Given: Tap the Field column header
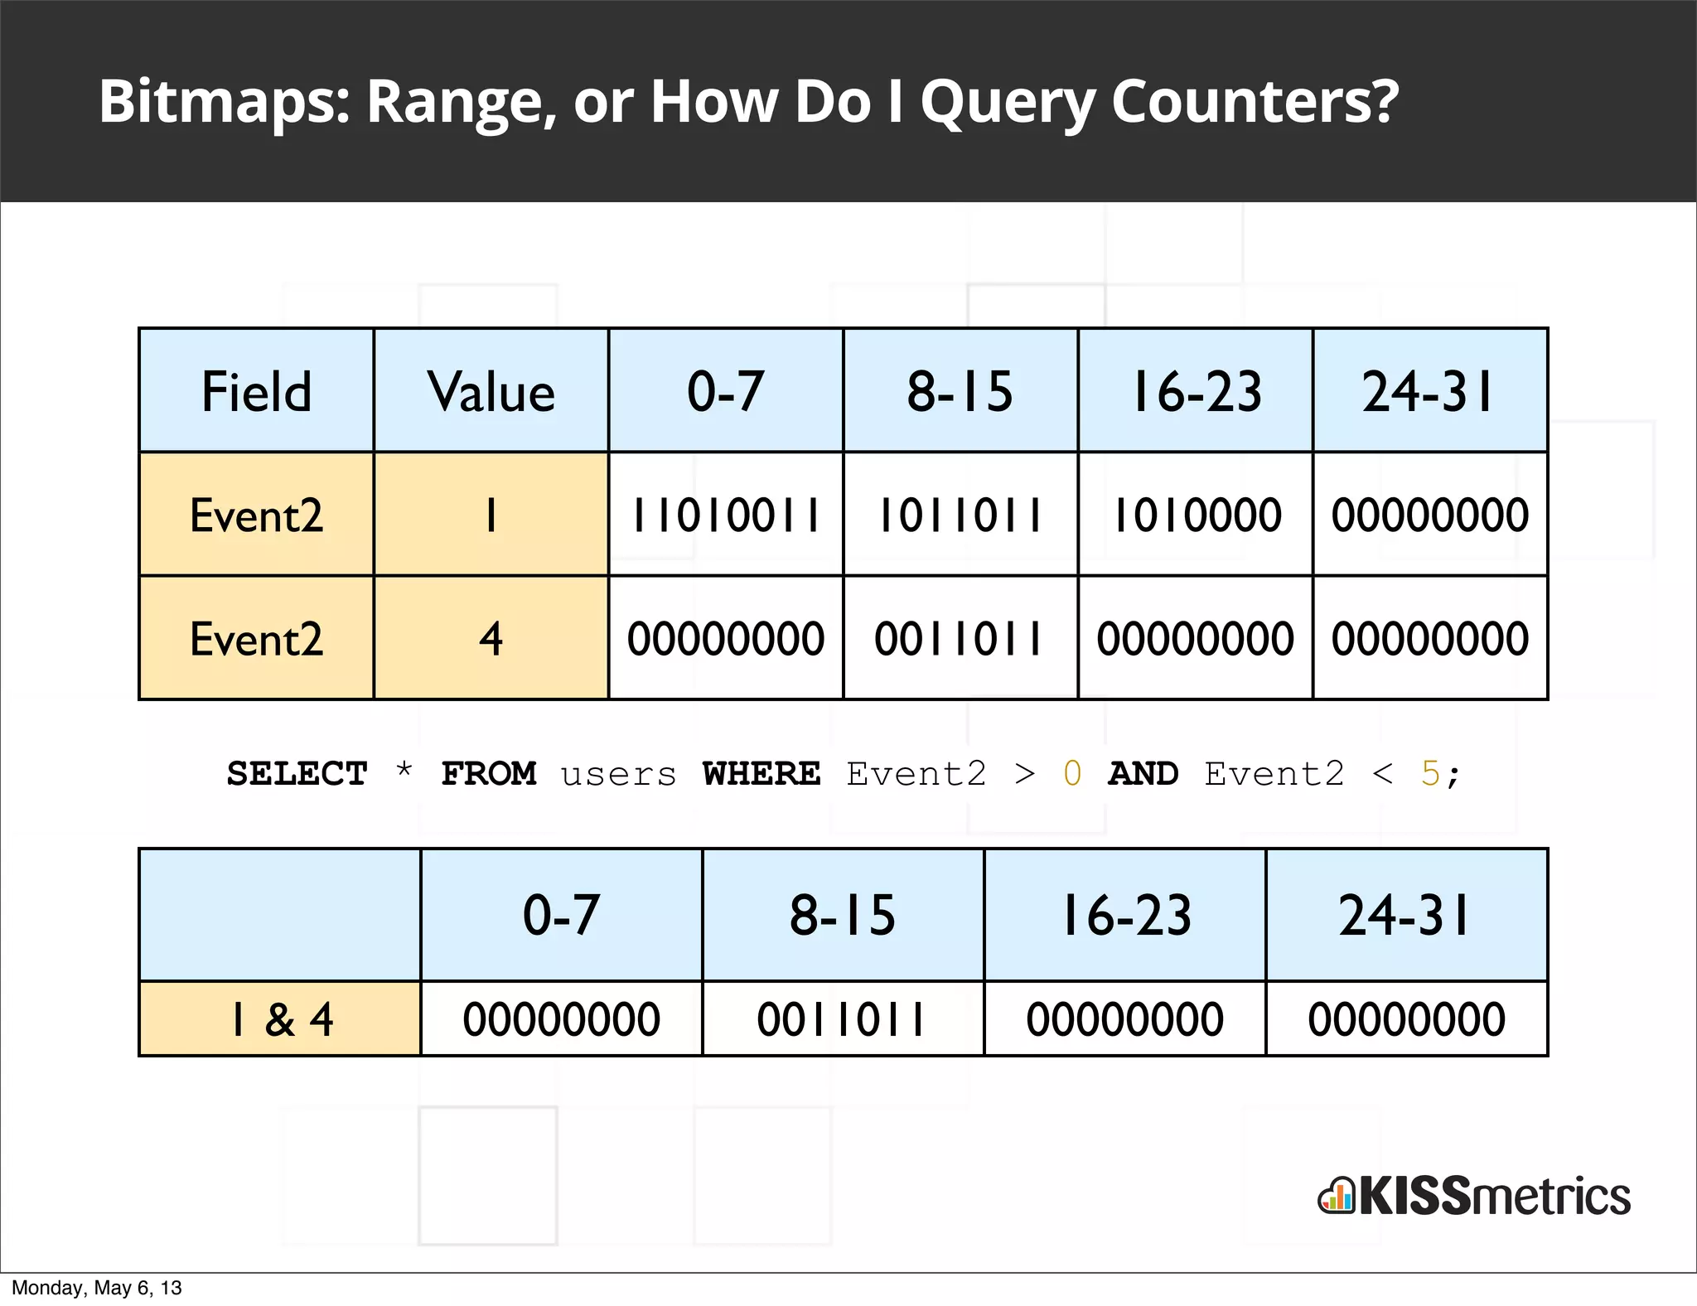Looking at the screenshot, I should (x=256, y=391).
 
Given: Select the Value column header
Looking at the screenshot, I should (x=491, y=391).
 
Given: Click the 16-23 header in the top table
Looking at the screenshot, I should (x=1196, y=391).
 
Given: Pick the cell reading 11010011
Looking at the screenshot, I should (x=726, y=515).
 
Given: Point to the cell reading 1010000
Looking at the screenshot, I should (x=1196, y=515).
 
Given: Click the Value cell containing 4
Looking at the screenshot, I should (x=491, y=639).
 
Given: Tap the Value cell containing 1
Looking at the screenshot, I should (x=491, y=515).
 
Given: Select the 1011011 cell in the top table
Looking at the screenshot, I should (x=960, y=515).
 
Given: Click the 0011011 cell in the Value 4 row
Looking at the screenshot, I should (x=960, y=639).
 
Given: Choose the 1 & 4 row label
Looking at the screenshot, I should (x=280, y=1019).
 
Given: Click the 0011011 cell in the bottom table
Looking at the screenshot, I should (x=843, y=1019).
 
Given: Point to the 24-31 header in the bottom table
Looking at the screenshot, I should (x=1406, y=915).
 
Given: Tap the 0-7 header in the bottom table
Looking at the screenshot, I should (x=561, y=915).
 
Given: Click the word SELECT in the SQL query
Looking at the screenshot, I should (x=297, y=774).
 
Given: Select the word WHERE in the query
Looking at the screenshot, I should (x=761, y=774).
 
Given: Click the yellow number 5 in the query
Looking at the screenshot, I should (x=1429, y=774).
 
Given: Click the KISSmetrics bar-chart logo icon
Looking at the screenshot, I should (x=1336, y=1197).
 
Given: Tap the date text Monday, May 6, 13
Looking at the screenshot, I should (x=96, y=1288).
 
